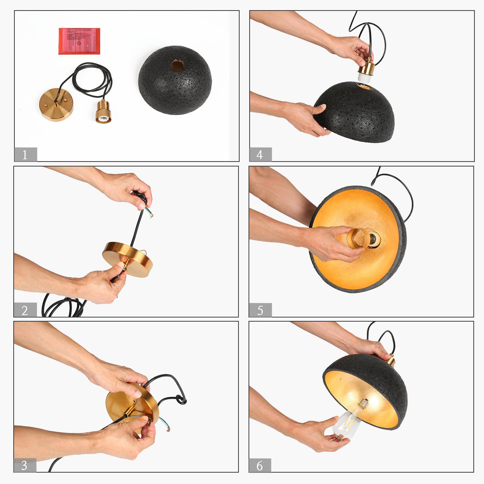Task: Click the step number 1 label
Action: click(x=25, y=155)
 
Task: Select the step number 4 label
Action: click(x=260, y=155)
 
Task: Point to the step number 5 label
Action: click(x=260, y=310)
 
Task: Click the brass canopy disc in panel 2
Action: click(x=128, y=258)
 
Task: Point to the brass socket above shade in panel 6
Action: click(x=390, y=360)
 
